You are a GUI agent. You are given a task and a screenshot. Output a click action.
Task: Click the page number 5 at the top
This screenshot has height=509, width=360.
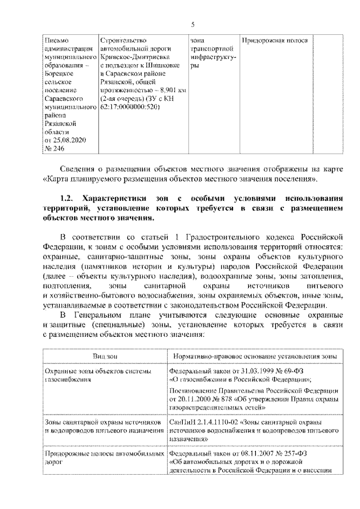pos(192,24)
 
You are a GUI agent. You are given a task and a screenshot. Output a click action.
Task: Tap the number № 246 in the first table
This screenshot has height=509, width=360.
pos(53,147)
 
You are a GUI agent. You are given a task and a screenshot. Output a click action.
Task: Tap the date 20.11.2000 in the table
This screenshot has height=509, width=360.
pos(193,398)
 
